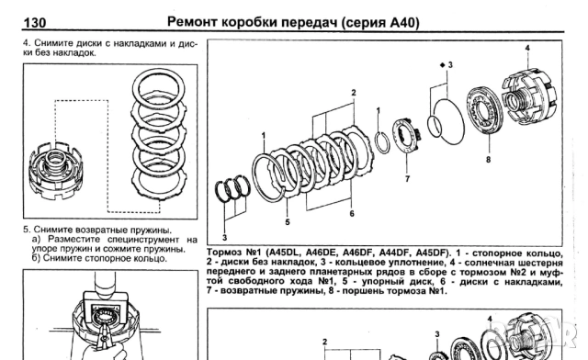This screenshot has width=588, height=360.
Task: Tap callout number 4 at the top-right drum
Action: [527, 46]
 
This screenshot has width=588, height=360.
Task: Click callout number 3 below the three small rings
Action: [224, 237]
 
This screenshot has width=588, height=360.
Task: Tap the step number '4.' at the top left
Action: [26, 43]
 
